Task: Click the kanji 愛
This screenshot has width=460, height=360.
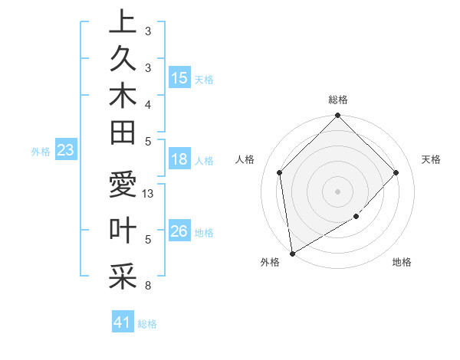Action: tap(123, 186)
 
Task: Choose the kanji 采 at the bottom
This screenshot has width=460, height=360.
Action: tap(123, 277)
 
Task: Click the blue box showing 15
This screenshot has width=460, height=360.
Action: tap(179, 78)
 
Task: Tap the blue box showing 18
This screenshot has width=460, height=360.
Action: tap(179, 160)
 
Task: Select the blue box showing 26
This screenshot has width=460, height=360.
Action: tap(179, 231)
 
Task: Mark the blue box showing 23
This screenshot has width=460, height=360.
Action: tap(65, 151)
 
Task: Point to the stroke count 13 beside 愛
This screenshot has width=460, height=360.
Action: tap(149, 194)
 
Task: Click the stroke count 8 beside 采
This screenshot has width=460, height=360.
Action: tap(147, 286)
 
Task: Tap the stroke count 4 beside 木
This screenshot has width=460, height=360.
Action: tap(147, 104)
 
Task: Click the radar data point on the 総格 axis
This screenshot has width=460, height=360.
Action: tap(337, 117)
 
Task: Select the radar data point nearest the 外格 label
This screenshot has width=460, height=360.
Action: tap(292, 252)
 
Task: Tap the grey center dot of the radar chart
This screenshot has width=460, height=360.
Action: tap(337, 191)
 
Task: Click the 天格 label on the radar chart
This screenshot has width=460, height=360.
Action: tap(431, 159)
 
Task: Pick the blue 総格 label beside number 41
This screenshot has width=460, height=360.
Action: tap(147, 324)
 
